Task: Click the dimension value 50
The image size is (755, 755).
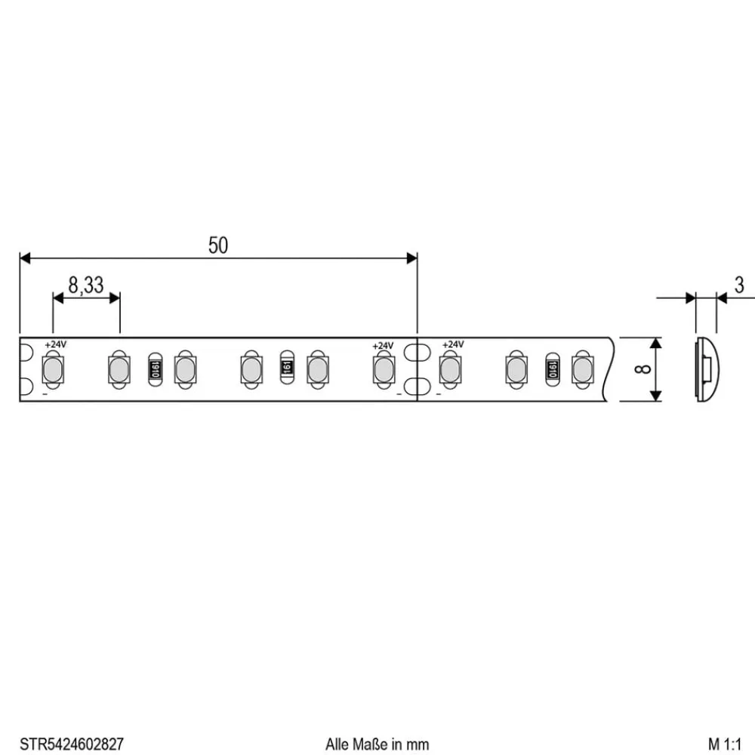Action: pyautogui.click(x=217, y=245)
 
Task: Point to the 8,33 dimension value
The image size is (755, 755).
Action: pyautogui.click(x=86, y=285)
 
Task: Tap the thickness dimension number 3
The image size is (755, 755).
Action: pyautogui.click(x=738, y=285)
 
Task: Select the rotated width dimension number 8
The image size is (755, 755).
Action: pyautogui.click(x=643, y=369)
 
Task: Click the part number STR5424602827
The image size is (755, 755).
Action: pyautogui.click(x=71, y=744)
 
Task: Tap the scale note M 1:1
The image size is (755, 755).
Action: pyautogui.click(x=725, y=744)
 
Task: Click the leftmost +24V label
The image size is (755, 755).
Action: pyautogui.click(x=55, y=345)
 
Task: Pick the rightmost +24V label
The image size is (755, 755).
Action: pyautogui.click(x=452, y=345)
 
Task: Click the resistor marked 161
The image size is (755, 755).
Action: pyautogui.click(x=286, y=368)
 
